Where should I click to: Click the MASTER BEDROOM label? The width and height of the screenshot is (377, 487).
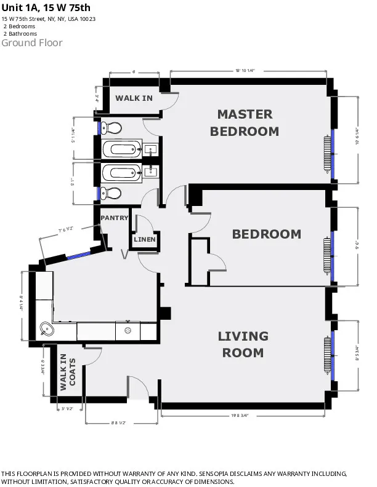[x=245, y=122]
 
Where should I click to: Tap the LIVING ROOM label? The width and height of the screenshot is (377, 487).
[x=243, y=344]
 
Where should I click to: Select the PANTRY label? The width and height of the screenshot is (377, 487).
[x=114, y=218]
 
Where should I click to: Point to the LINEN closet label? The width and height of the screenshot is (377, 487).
[x=145, y=239]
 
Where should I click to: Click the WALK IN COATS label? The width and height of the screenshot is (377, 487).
[x=67, y=373]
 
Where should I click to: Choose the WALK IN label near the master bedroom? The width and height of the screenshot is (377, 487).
[x=134, y=98]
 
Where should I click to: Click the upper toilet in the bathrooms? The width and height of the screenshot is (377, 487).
[x=111, y=128]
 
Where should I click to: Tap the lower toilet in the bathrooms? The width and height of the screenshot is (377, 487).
[x=111, y=192]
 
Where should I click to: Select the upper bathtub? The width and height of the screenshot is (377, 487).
[x=123, y=149]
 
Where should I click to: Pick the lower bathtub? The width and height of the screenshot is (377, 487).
[x=123, y=172]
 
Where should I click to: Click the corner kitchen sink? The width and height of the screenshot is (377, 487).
[x=46, y=329]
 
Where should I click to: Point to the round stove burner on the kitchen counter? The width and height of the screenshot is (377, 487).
[x=128, y=330]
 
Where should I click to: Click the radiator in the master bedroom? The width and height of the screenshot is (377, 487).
[x=327, y=156]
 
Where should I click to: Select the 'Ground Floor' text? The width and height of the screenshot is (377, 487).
[x=32, y=43]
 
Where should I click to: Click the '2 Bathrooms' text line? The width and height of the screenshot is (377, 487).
[x=19, y=34]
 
